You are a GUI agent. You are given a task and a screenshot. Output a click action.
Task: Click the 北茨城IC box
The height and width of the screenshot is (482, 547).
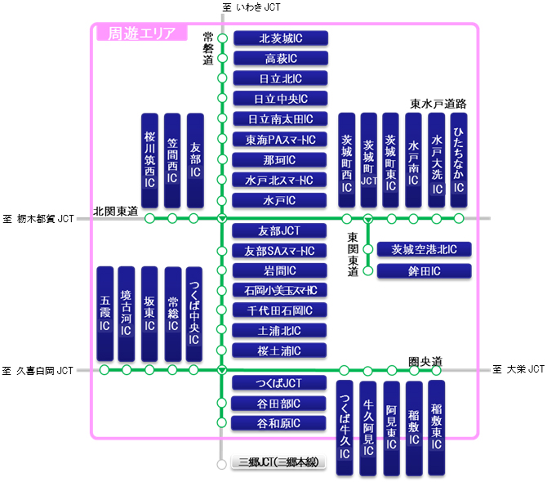click(x=280, y=38)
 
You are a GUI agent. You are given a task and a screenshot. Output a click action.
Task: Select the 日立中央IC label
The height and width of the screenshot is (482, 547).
click(x=280, y=99)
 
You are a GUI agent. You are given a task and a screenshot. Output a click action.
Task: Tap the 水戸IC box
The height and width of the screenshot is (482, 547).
click(x=280, y=200)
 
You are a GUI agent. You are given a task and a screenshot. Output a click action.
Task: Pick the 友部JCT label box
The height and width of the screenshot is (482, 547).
click(x=280, y=231)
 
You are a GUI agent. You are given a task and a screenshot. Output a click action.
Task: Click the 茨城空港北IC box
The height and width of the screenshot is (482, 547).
click(x=424, y=249)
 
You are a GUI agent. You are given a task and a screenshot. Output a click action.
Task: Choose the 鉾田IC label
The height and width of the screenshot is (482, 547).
click(x=424, y=270)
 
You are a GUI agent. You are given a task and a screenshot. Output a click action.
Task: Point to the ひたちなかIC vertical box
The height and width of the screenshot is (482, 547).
click(x=459, y=159)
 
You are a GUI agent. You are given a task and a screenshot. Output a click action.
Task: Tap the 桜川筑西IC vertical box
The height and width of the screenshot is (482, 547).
click(x=149, y=159)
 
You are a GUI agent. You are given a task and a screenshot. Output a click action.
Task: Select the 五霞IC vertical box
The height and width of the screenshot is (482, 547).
click(x=105, y=313)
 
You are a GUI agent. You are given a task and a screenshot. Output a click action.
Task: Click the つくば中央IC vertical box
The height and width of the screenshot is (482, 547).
click(x=193, y=313)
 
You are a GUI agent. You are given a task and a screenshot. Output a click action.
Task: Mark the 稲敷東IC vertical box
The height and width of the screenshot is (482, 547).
click(x=436, y=427)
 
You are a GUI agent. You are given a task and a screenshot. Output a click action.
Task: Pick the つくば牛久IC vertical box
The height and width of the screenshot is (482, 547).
click(x=345, y=427)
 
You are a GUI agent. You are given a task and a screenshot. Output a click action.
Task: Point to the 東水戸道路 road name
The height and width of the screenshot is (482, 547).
click(x=438, y=104)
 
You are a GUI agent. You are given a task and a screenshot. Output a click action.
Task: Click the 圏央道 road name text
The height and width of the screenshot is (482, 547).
click(x=425, y=361)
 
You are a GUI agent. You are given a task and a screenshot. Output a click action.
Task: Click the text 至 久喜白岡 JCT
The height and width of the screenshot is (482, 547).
click(x=38, y=371)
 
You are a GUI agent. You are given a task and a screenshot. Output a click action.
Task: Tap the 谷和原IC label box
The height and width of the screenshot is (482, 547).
click(x=280, y=423)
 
